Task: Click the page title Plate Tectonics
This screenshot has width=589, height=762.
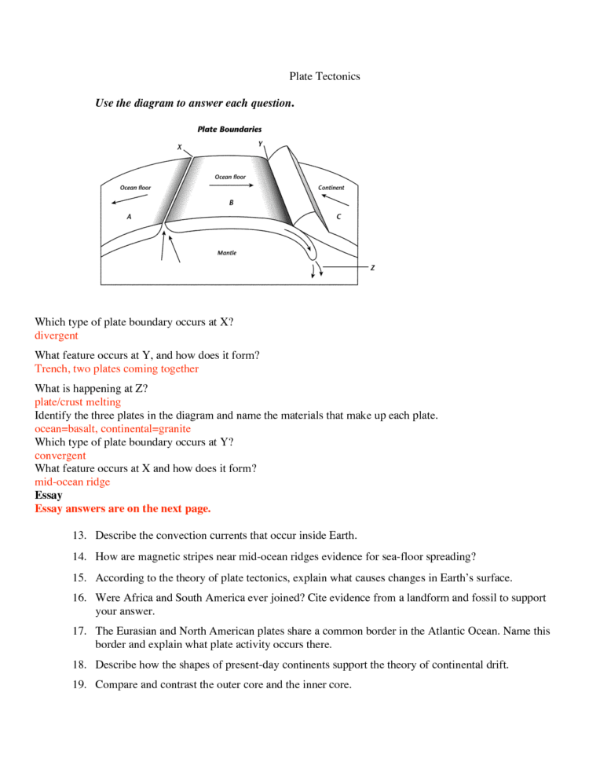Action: pos(324,76)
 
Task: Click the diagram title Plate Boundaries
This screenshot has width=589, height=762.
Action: pos(229,129)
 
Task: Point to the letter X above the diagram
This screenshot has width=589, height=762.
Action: pos(179,147)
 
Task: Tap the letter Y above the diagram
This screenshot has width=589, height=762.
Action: pos(261,144)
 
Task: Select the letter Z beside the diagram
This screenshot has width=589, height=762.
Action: pos(372,268)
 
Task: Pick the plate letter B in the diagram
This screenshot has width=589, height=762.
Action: pos(231,202)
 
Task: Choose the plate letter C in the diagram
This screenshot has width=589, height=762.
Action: pos(338,216)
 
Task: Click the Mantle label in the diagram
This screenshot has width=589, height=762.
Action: pos(226,253)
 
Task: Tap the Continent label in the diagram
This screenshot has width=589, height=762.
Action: pos(331,188)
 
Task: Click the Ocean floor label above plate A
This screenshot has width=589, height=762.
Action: pos(135,188)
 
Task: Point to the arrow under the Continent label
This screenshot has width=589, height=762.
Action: pos(335,200)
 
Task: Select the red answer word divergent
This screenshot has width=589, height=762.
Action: pos(57,335)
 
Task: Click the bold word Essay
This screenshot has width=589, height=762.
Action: pos(49,496)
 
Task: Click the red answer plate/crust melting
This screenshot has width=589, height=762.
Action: pos(78,402)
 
